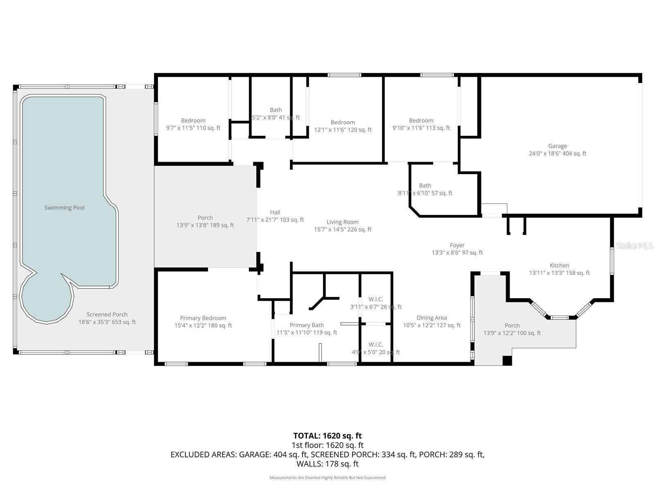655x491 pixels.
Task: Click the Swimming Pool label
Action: [x=64, y=207]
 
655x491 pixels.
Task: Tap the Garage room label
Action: [x=557, y=146]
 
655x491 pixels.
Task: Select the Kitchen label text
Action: [x=559, y=265]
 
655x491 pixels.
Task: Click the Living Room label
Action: [x=342, y=222]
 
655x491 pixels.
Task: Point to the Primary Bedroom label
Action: [x=203, y=318]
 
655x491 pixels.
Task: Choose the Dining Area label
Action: [x=431, y=318]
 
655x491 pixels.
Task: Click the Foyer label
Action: [x=457, y=245]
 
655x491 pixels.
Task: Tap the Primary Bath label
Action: [x=306, y=325]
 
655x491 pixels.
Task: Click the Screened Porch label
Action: [x=107, y=314]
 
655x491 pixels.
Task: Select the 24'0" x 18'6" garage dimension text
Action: [x=557, y=153]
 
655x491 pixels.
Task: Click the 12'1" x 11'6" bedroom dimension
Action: [x=343, y=130]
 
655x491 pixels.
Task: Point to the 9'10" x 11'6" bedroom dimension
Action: [x=421, y=128]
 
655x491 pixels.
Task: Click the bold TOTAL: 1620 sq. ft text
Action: [x=327, y=436]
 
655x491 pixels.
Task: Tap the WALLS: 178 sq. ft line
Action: [x=327, y=464]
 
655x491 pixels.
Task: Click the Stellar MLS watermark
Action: [x=635, y=245]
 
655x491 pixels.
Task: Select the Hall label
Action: [x=275, y=212]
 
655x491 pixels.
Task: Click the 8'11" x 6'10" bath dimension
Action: [x=425, y=193]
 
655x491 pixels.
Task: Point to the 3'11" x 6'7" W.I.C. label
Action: [x=375, y=306]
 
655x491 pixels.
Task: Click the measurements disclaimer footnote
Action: [x=327, y=477]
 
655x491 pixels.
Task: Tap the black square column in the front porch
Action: [x=507, y=360]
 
